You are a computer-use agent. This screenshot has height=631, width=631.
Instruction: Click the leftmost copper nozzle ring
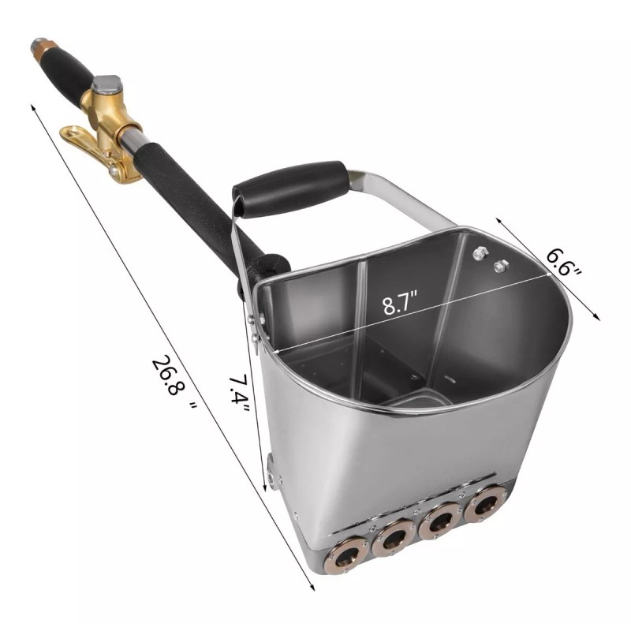[x=345, y=556]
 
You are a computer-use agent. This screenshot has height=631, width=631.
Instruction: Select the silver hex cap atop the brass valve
[x=106, y=84]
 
